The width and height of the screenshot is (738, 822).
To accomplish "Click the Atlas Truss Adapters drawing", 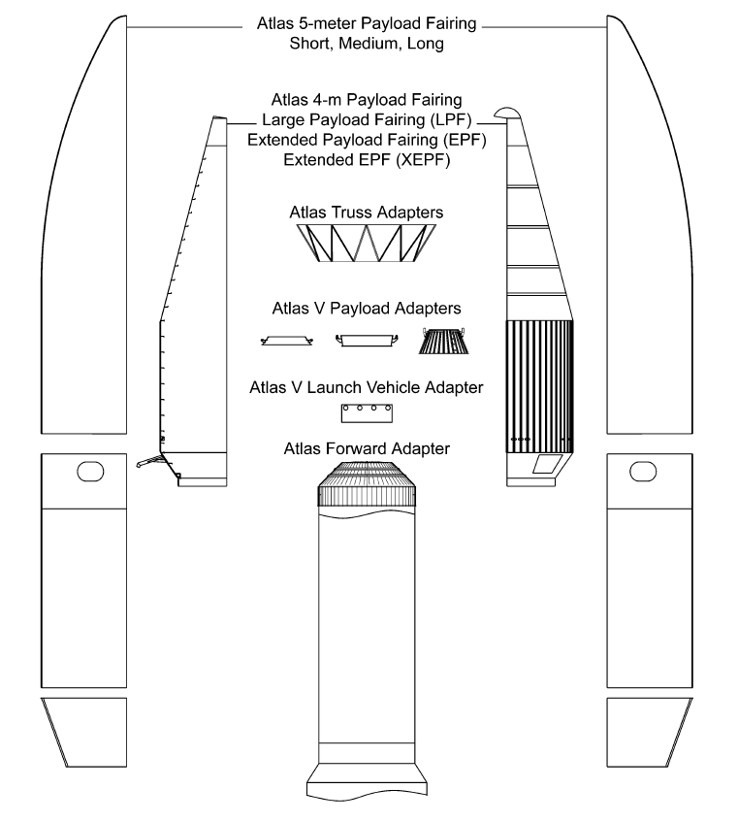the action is point(367,243).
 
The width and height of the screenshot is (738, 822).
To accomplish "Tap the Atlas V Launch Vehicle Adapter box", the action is point(367,413).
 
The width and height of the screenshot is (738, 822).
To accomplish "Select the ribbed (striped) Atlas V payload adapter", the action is point(443,341).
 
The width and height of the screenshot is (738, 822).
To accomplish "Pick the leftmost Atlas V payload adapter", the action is point(286,341).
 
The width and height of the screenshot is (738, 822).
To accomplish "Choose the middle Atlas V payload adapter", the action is point(367,341).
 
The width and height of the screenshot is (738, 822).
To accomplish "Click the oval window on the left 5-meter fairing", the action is point(90,471).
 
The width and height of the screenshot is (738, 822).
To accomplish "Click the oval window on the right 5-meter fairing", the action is point(643,471).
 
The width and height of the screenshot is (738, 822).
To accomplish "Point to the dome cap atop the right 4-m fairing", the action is point(507,113).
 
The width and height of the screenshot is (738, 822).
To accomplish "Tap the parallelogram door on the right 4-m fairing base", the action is point(547,464).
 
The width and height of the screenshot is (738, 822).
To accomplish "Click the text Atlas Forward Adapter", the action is point(367,448).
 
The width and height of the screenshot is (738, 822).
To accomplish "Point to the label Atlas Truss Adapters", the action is point(367,213).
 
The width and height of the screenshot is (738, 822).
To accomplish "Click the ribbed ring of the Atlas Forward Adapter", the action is point(367,495).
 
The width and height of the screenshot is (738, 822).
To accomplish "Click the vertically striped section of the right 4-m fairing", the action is point(539,386).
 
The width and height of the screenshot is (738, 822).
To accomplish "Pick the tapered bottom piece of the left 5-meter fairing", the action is point(84,733).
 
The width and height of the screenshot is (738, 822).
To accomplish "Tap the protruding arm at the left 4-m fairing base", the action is point(150,461).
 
